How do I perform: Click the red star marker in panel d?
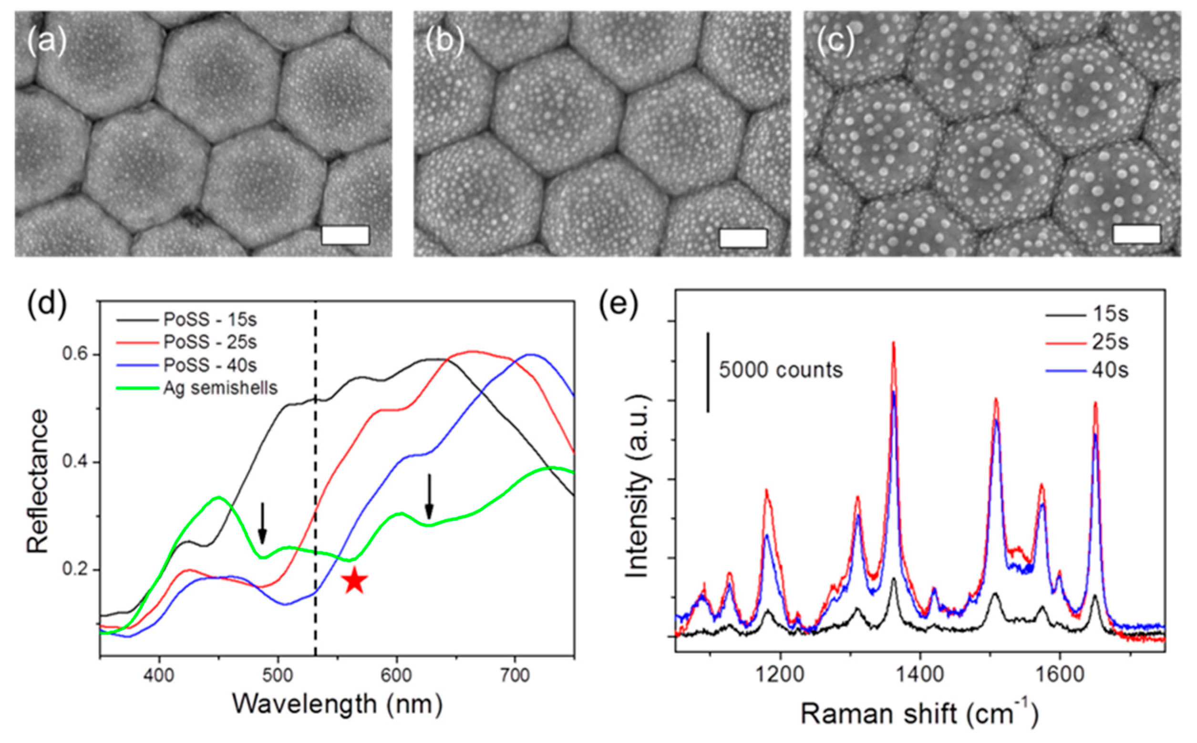(354, 581)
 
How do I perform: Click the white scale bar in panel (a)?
(345, 235)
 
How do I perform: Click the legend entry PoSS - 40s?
(211, 365)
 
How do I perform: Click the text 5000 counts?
(781, 370)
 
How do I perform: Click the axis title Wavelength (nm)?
(337, 704)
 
